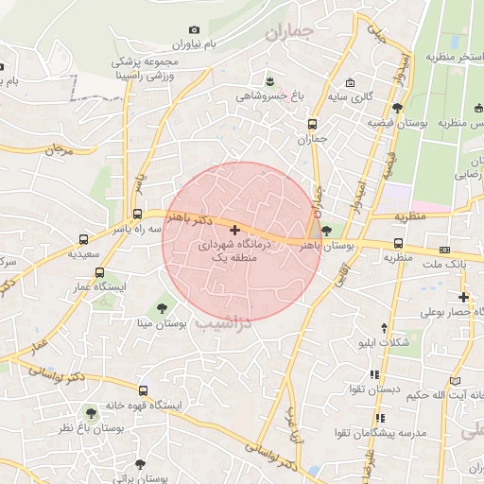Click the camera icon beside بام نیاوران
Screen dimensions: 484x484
coord(195,29)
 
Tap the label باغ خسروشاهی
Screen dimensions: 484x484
coord(269,95)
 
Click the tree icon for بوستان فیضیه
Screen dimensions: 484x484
coord(397,109)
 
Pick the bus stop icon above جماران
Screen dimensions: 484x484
coord(312,124)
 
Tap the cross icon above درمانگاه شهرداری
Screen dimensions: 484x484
coord(235,230)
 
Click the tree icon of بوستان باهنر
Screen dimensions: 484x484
coord(327,230)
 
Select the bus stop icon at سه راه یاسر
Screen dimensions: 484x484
coord(138,215)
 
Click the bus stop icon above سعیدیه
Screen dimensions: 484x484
coord(84,240)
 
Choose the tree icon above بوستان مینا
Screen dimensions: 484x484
coord(162,307)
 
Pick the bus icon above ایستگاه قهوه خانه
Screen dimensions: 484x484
coord(143,390)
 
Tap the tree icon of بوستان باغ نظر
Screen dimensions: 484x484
coord(91,413)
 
